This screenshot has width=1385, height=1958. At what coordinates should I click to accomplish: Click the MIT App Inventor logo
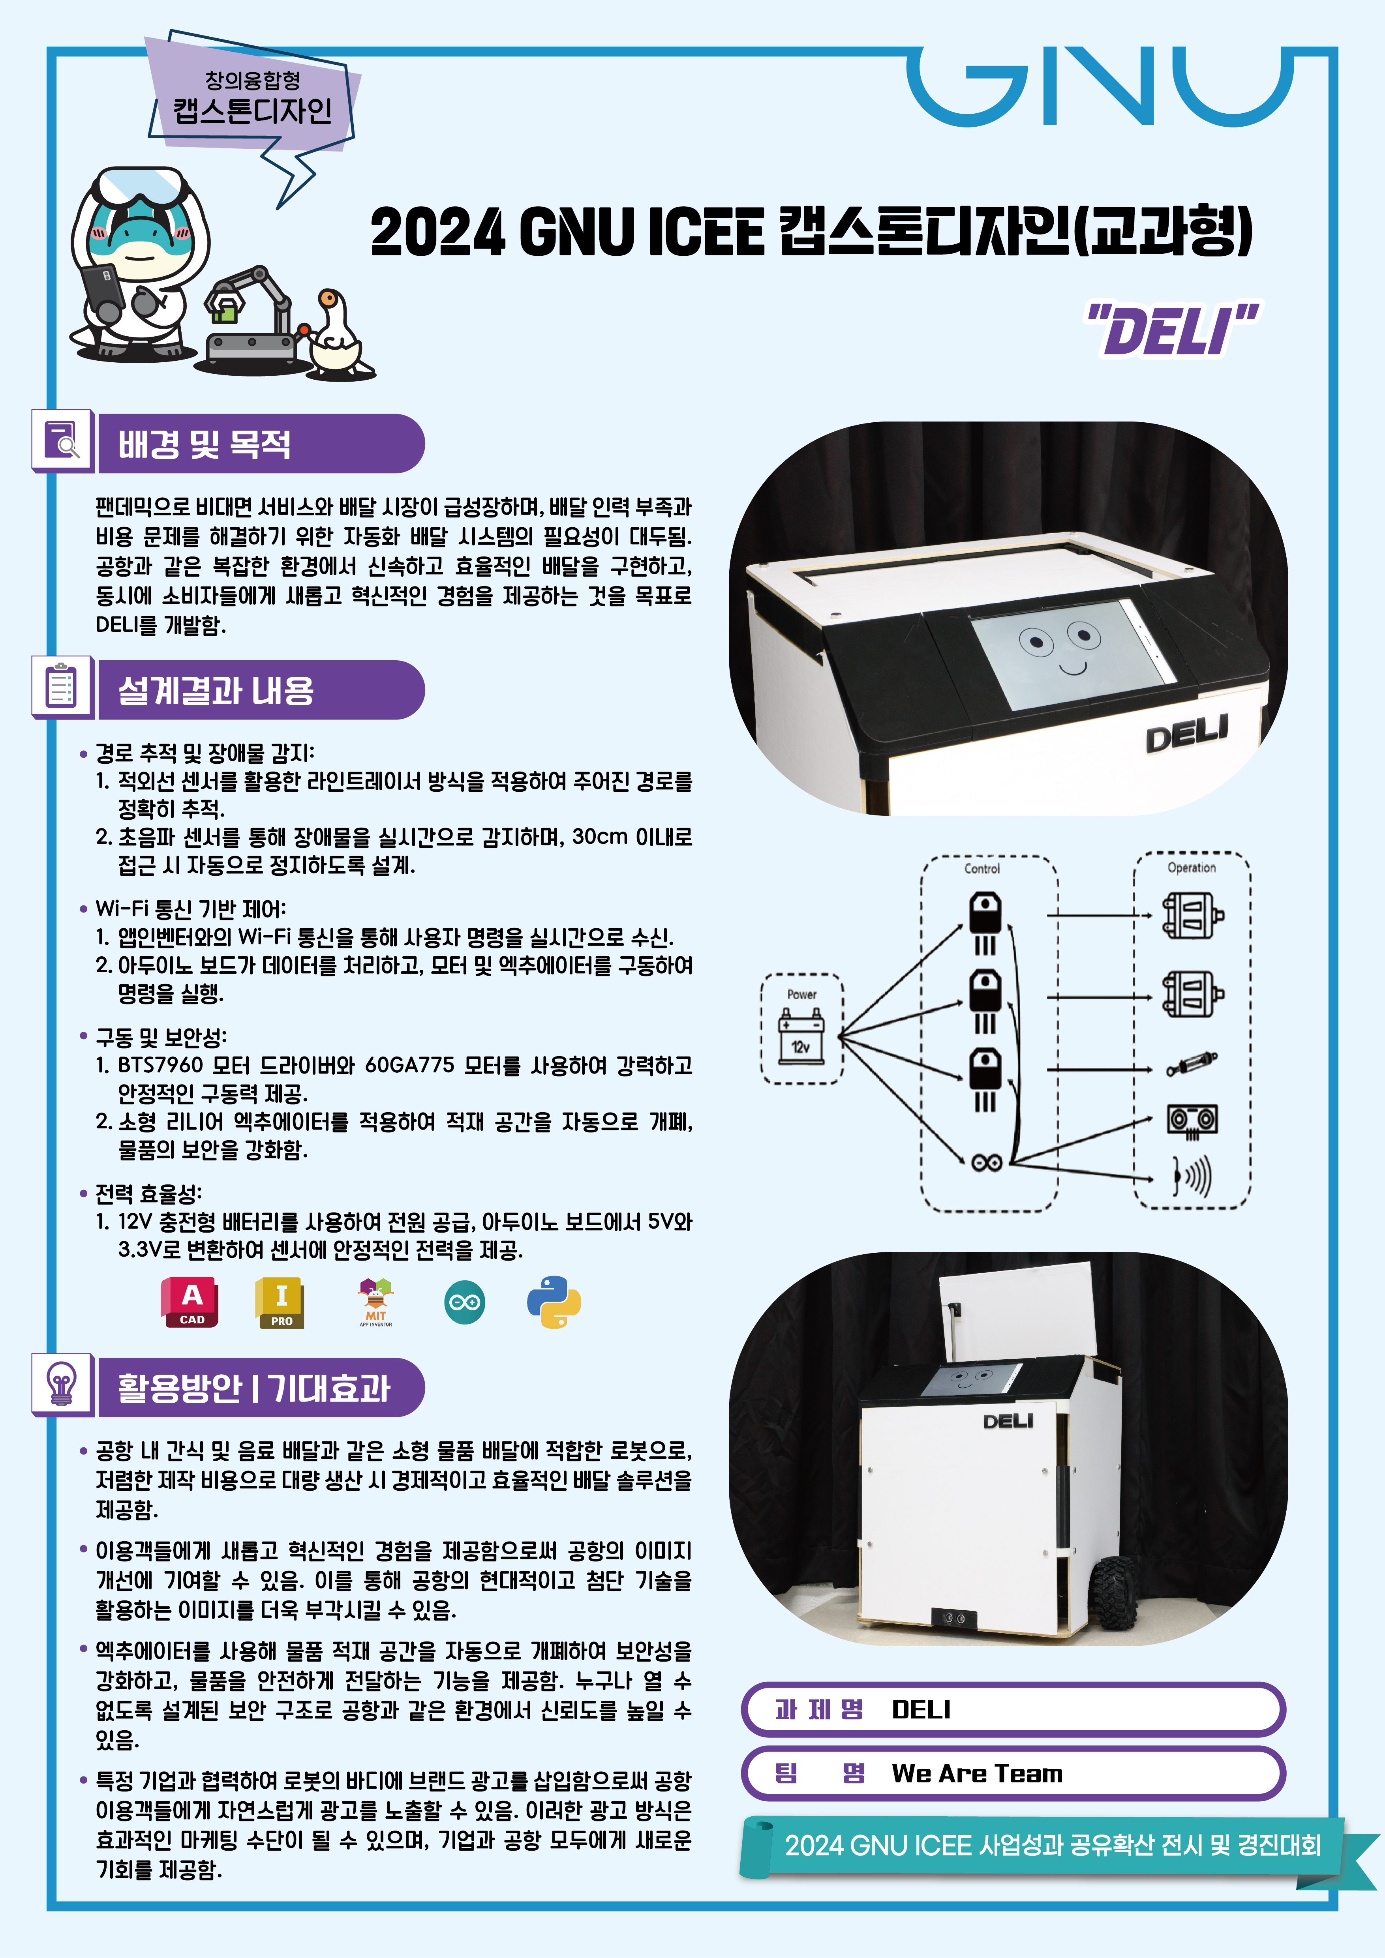pos(375,1302)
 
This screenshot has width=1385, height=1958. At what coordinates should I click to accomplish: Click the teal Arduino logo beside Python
pos(465,1302)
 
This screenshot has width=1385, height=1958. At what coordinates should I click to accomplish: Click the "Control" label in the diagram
pos(982,868)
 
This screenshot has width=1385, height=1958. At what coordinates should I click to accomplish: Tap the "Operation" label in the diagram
pos(1192,867)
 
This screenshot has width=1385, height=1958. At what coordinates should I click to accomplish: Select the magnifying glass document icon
pos(62,441)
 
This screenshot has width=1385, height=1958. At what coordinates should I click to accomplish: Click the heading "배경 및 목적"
pos(205,444)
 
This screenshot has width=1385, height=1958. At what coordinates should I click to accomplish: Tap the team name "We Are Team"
pos(977,1774)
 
